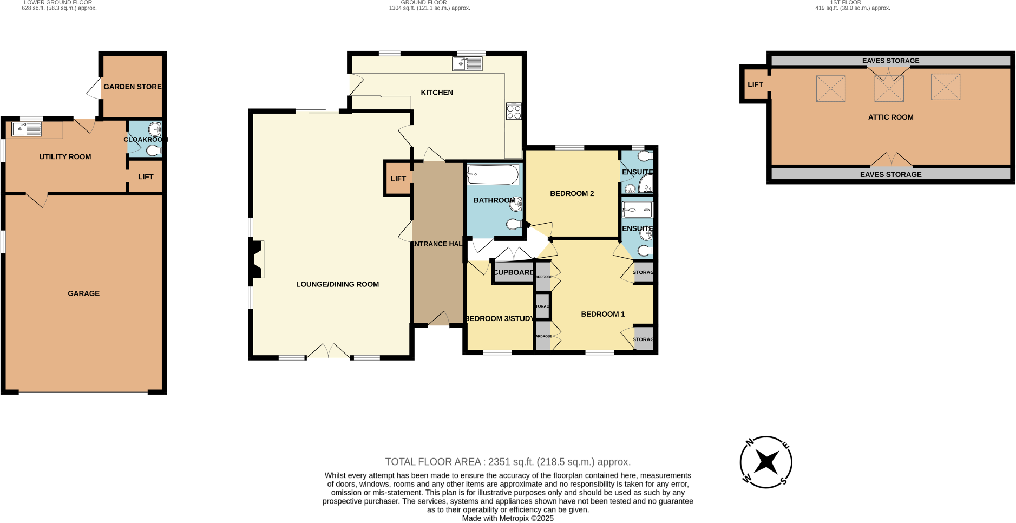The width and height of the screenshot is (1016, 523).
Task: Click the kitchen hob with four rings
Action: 514,112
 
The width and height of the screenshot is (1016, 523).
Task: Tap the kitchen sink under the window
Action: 467,64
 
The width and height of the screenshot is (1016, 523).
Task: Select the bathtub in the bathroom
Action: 493,175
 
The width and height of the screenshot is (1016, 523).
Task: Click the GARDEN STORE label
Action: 132,87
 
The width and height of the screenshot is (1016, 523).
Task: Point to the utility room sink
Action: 27,129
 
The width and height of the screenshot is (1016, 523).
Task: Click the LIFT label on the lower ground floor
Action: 146,177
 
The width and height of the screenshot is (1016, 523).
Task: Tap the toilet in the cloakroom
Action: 153,151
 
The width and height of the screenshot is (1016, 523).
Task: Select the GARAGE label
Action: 83,293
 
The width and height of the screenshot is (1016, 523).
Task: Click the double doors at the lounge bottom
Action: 328,351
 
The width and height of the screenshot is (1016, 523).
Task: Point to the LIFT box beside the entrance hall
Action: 398,179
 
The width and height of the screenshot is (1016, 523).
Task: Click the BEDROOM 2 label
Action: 572,193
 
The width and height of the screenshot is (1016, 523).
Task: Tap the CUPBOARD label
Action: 513,272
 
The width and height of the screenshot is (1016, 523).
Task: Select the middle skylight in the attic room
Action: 889,88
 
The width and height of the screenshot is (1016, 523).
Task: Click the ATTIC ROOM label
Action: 890,117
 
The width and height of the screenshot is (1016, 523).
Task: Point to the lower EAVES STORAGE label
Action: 890,174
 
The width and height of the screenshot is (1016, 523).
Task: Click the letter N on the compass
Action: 750,443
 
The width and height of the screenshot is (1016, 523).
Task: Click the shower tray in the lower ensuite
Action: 637,210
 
